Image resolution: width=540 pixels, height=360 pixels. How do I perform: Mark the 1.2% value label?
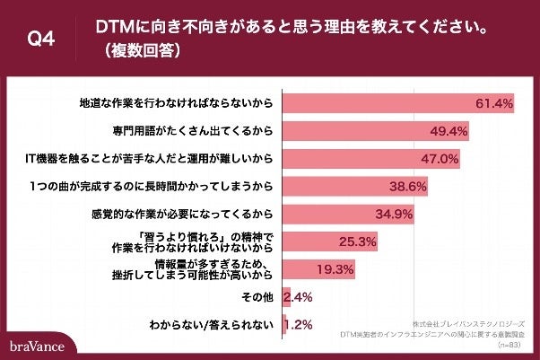click(298, 323)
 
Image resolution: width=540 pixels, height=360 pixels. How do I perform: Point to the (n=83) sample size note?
click(510, 343)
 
